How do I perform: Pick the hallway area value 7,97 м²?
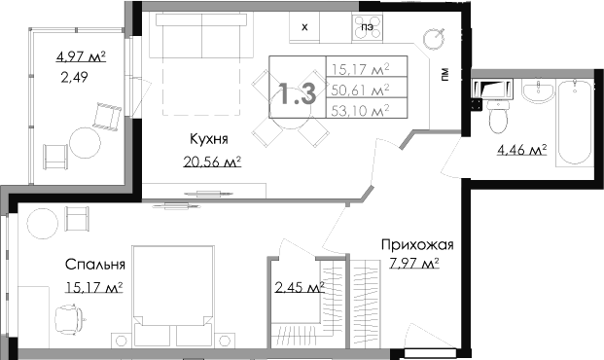[412, 263]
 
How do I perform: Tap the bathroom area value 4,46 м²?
[520, 150]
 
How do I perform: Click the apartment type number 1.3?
[297, 93]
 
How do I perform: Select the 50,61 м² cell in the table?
[360, 89]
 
